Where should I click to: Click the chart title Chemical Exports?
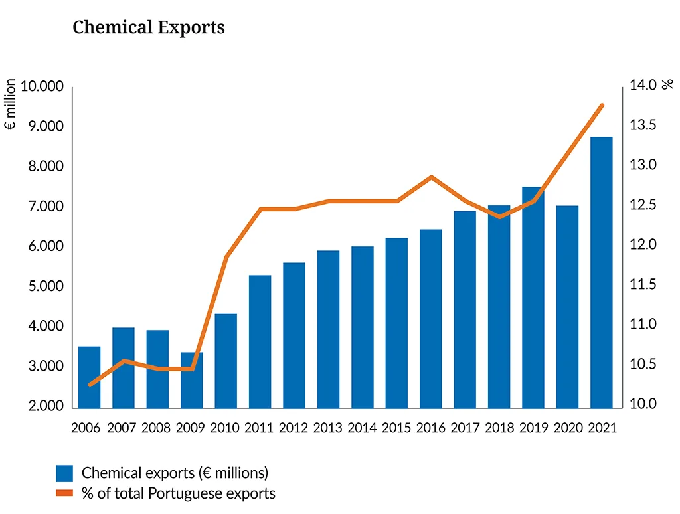[149, 27]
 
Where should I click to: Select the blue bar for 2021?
[601, 272]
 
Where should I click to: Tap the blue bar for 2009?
[191, 380]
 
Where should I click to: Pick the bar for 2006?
[89, 377]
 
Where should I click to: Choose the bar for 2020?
[567, 306]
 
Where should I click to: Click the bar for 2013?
[328, 329]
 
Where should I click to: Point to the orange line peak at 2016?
[431, 177]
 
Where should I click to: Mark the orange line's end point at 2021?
[602, 105]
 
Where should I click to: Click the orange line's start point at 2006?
[90, 385]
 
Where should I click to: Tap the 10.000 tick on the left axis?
[41, 87]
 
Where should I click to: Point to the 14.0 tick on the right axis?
[643, 85]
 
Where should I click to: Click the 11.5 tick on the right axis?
[643, 285]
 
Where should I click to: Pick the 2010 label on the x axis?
[226, 428]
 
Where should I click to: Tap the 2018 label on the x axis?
[499, 428]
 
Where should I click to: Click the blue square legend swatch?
[64, 473]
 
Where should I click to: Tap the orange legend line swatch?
[64, 493]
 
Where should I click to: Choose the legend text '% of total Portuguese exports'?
[178, 493]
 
